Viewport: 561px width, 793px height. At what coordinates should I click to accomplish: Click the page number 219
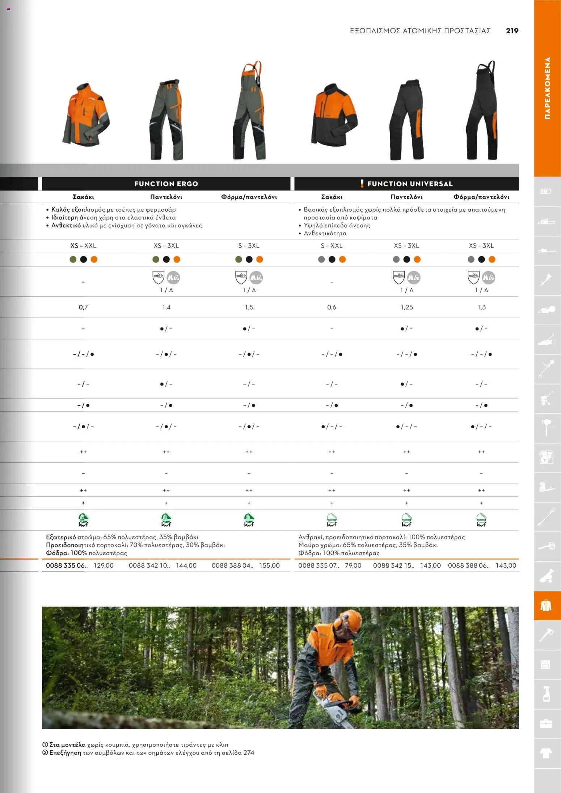(512, 31)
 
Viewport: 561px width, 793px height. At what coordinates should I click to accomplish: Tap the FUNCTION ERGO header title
(166, 184)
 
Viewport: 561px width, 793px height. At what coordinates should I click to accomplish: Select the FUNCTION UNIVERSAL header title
(410, 184)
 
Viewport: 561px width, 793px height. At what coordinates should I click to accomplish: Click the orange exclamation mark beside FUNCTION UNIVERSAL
(362, 183)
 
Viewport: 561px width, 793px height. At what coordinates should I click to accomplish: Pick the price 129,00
(104, 565)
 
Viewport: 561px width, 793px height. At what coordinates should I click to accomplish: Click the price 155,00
(269, 565)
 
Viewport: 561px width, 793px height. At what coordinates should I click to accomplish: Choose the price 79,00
(353, 565)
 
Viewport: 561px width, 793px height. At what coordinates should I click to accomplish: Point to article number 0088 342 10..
(149, 565)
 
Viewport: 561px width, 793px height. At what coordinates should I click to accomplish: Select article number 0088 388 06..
(468, 565)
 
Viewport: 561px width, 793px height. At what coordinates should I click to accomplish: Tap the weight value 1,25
(406, 307)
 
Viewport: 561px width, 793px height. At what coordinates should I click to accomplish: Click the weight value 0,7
(83, 307)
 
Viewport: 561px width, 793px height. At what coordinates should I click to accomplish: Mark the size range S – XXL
(332, 246)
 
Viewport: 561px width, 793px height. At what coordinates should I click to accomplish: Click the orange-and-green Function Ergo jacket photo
(85, 115)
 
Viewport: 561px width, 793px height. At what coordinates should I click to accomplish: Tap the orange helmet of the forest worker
(349, 619)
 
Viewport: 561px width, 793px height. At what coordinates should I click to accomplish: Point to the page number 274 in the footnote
(249, 752)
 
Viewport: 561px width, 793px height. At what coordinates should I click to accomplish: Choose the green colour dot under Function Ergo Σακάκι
(73, 259)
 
